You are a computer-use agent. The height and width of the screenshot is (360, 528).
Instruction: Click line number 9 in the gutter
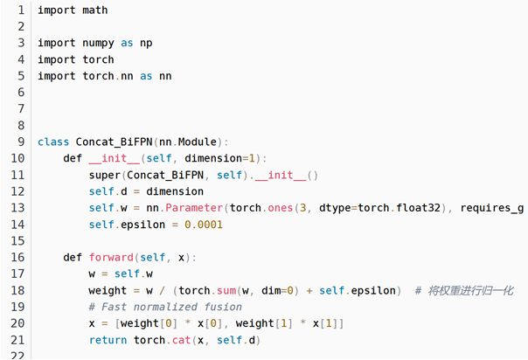19,142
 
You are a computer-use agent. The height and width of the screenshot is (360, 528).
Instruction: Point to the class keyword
53,142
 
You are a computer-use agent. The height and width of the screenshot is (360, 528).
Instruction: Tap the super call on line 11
105,175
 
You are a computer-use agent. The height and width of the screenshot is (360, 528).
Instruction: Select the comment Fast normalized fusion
165,307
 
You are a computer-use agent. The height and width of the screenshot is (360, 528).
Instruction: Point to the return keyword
108,340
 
